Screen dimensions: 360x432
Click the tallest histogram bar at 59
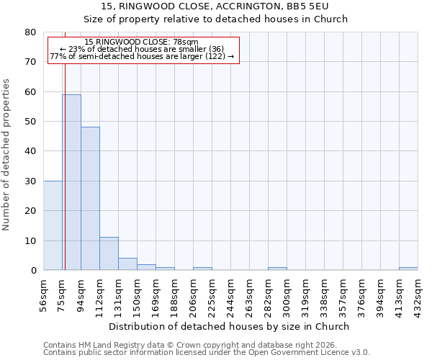coord(71,182)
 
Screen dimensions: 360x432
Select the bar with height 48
coord(90,199)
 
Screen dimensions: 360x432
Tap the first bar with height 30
coord(53,225)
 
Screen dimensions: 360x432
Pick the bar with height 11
coord(109,253)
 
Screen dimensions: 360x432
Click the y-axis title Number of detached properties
coord(7,151)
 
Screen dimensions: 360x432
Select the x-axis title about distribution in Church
coord(230,326)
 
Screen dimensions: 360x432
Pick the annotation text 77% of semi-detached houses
coord(142,56)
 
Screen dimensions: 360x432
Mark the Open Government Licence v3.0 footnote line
coord(207,353)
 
